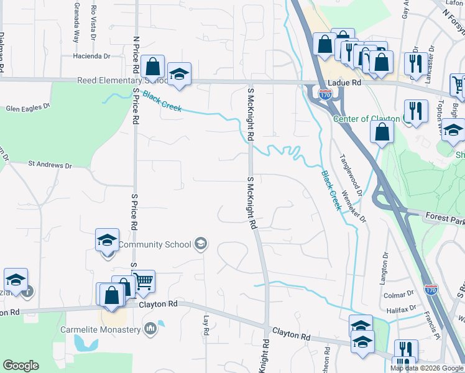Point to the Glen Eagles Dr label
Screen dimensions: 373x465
point(27,108)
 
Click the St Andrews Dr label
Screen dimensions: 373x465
point(50,165)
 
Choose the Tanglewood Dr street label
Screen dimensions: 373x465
point(349,167)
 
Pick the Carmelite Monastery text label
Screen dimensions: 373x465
point(101,329)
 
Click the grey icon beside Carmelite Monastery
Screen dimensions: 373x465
point(150,328)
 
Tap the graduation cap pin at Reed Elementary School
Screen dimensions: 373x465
point(179,73)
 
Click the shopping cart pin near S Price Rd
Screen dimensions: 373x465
point(144,281)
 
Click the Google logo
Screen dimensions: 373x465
point(21,366)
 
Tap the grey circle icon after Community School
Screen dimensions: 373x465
point(200,244)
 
